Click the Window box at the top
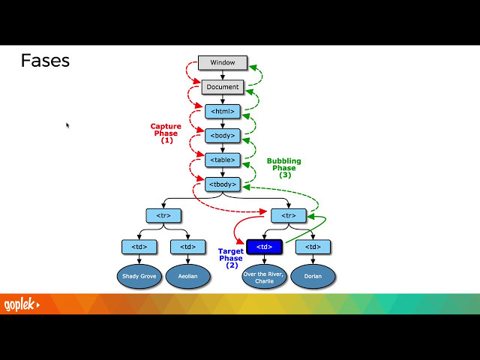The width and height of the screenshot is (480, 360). pos(223,62)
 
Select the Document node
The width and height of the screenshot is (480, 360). pos(223,87)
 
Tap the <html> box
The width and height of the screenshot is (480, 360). pos(223,111)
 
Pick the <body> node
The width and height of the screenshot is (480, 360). pos(223,136)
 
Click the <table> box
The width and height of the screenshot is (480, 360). pos(223,160)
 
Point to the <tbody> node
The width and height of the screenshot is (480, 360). pos(223,184)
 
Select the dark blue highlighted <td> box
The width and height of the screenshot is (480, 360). pos(264,246)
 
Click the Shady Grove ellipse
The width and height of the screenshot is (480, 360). pos(139,276)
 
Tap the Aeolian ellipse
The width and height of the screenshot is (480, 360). pos(187,276)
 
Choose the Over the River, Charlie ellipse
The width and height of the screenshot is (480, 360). pos(264,276)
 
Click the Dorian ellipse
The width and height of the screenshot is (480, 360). pos(313,276)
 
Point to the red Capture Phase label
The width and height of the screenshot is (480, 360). pos(166,133)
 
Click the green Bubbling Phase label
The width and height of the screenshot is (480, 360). pos(284,167)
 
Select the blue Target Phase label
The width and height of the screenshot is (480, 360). pos(231,258)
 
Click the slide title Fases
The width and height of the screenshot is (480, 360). pos(45,61)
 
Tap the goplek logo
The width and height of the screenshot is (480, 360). pos(21,304)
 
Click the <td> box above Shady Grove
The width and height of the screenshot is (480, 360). pos(139,246)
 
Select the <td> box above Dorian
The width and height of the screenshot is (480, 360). pos(313,246)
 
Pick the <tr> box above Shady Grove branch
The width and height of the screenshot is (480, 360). pos(163,215)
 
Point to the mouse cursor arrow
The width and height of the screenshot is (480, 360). pos(67,125)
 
